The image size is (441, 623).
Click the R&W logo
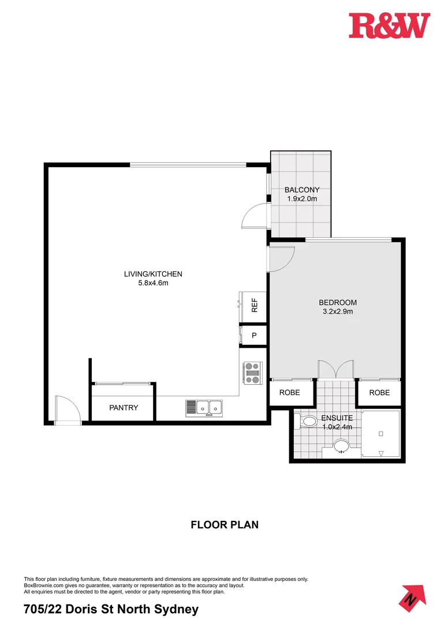click(x=389, y=26)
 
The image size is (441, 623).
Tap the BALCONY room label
click(x=301, y=190)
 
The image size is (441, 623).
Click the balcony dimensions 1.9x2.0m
click(x=302, y=199)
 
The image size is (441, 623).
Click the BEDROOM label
click(x=338, y=302)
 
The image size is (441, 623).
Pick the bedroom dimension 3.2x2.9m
click(x=338, y=311)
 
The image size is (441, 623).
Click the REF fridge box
click(x=254, y=305)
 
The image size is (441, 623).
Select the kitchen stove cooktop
click(x=253, y=372)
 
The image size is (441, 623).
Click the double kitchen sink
click(x=204, y=407)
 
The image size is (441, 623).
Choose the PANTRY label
click(x=124, y=408)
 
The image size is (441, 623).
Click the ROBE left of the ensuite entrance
click(x=290, y=392)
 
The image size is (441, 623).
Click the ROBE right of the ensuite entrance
click(x=379, y=392)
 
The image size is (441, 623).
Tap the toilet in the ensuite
click(x=307, y=422)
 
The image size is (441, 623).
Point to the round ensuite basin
click(x=342, y=446)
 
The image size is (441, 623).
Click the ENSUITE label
click(x=338, y=418)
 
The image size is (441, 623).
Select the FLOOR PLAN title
click(x=225, y=525)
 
